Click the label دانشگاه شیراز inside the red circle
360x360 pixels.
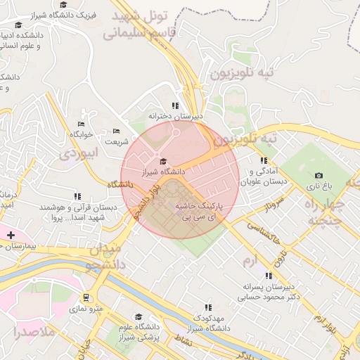tap(163, 171)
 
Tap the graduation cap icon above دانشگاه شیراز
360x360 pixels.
tap(163, 162)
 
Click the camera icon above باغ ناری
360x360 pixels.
tap(319, 175)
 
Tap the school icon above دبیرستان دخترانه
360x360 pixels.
tap(175, 105)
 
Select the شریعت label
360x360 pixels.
tap(117, 141)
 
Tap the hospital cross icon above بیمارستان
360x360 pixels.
tap(10, 234)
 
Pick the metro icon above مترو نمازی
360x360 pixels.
tap(86, 298)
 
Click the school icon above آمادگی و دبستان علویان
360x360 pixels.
tap(264, 161)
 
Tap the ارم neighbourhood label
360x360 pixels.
tap(250, 262)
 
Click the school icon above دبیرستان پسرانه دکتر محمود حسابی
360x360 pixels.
tap(267, 276)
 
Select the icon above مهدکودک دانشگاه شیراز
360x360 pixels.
tap(207, 307)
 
